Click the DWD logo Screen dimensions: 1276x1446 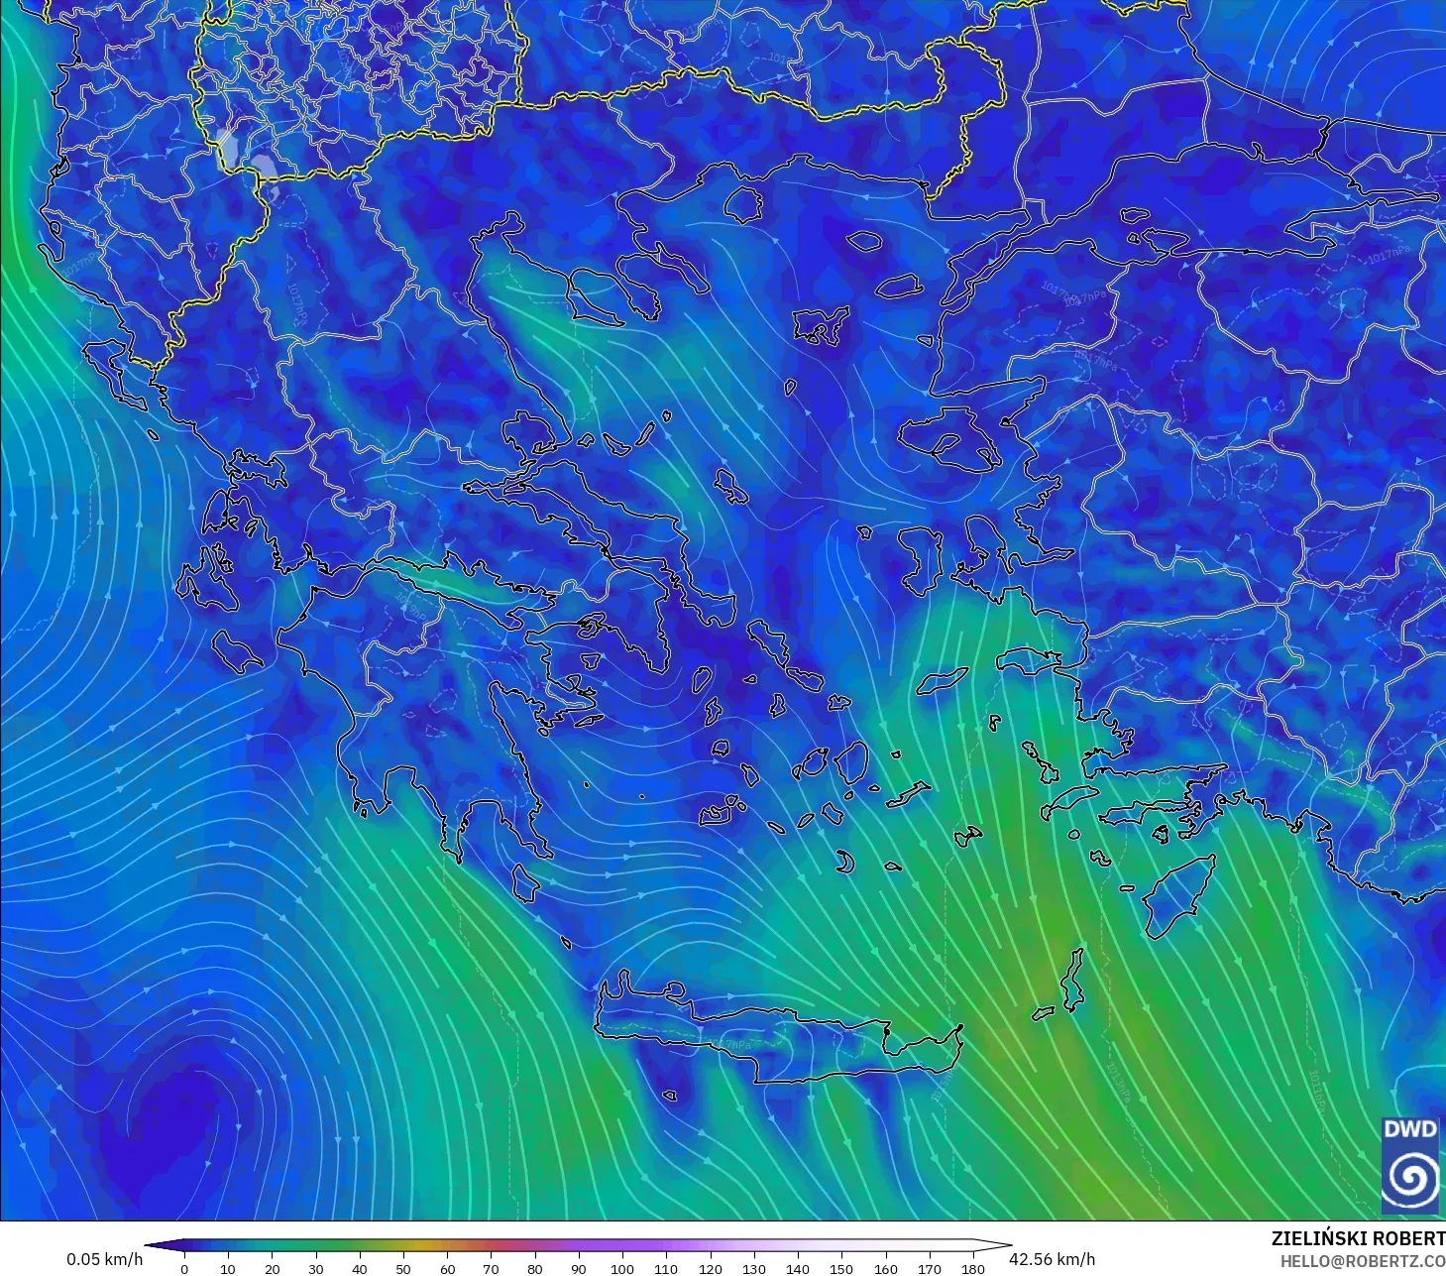[1410, 1164]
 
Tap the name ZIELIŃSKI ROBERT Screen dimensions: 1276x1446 [1358, 1239]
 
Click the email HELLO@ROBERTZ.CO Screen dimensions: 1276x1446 [1362, 1262]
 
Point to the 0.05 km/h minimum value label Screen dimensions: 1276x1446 [104, 1259]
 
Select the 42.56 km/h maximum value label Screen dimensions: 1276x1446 [1052, 1259]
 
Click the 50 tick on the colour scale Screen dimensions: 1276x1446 [403, 1269]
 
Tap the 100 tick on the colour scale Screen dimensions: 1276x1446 [622, 1269]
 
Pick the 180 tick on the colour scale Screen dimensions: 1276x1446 [973, 1269]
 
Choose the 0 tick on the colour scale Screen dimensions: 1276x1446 [184, 1269]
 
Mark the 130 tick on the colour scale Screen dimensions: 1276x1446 [754, 1269]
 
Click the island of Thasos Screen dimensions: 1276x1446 [742, 204]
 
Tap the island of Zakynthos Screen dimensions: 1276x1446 [238, 650]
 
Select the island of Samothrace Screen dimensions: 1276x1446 [864, 240]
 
